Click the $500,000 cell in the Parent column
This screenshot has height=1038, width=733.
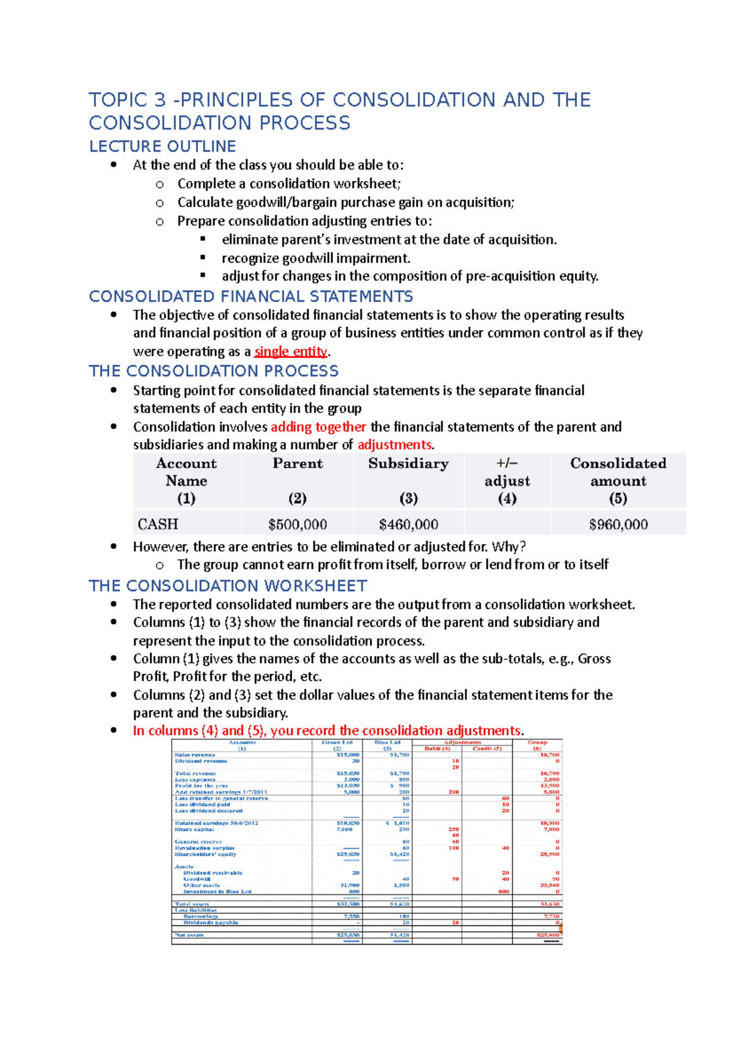(x=297, y=525)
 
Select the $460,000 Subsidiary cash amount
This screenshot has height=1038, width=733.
(x=408, y=525)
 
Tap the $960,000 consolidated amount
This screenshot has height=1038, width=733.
(x=618, y=525)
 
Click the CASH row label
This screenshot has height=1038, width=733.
(x=158, y=525)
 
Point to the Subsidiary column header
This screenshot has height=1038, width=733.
(x=408, y=463)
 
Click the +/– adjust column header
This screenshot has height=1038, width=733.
(x=507, y=480)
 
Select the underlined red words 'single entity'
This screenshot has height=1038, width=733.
(x=291, y=352)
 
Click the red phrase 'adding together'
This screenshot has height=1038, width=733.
(x=318, y=427)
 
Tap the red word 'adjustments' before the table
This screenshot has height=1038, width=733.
(x=395, y=444)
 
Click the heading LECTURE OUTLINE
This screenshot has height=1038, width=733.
(x=162, y=147)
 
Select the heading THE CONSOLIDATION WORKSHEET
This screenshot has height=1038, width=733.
(x=228, y=586)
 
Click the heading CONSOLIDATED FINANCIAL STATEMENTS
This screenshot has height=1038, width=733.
(x=251, y=296)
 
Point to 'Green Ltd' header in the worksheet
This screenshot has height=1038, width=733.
(x=337, y=742)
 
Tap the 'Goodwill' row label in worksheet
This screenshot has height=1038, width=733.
(x=197, y=879)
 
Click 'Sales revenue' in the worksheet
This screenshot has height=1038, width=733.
(x=195, y=755)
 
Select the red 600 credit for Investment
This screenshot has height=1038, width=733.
(x=503, y=891)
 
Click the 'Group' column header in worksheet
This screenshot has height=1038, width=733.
(x=538, y=742)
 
